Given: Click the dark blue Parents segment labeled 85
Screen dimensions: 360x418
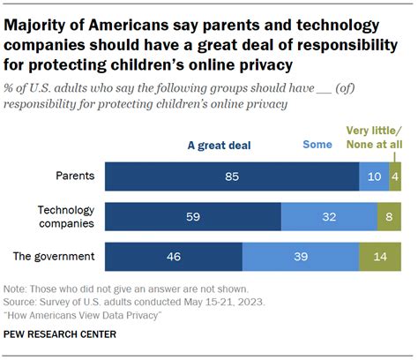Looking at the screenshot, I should coord(231,176).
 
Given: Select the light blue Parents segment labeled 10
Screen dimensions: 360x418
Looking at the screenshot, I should coord(373,176).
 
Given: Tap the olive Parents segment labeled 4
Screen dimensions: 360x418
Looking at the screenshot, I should coord(395,176).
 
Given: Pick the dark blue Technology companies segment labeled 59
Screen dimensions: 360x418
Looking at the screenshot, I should coord(192,217).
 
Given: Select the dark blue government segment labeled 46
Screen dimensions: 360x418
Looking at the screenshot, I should coord(173,257).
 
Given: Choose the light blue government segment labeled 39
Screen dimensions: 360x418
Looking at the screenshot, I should coord(300,257).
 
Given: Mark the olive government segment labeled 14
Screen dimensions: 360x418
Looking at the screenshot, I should coord(380,257).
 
